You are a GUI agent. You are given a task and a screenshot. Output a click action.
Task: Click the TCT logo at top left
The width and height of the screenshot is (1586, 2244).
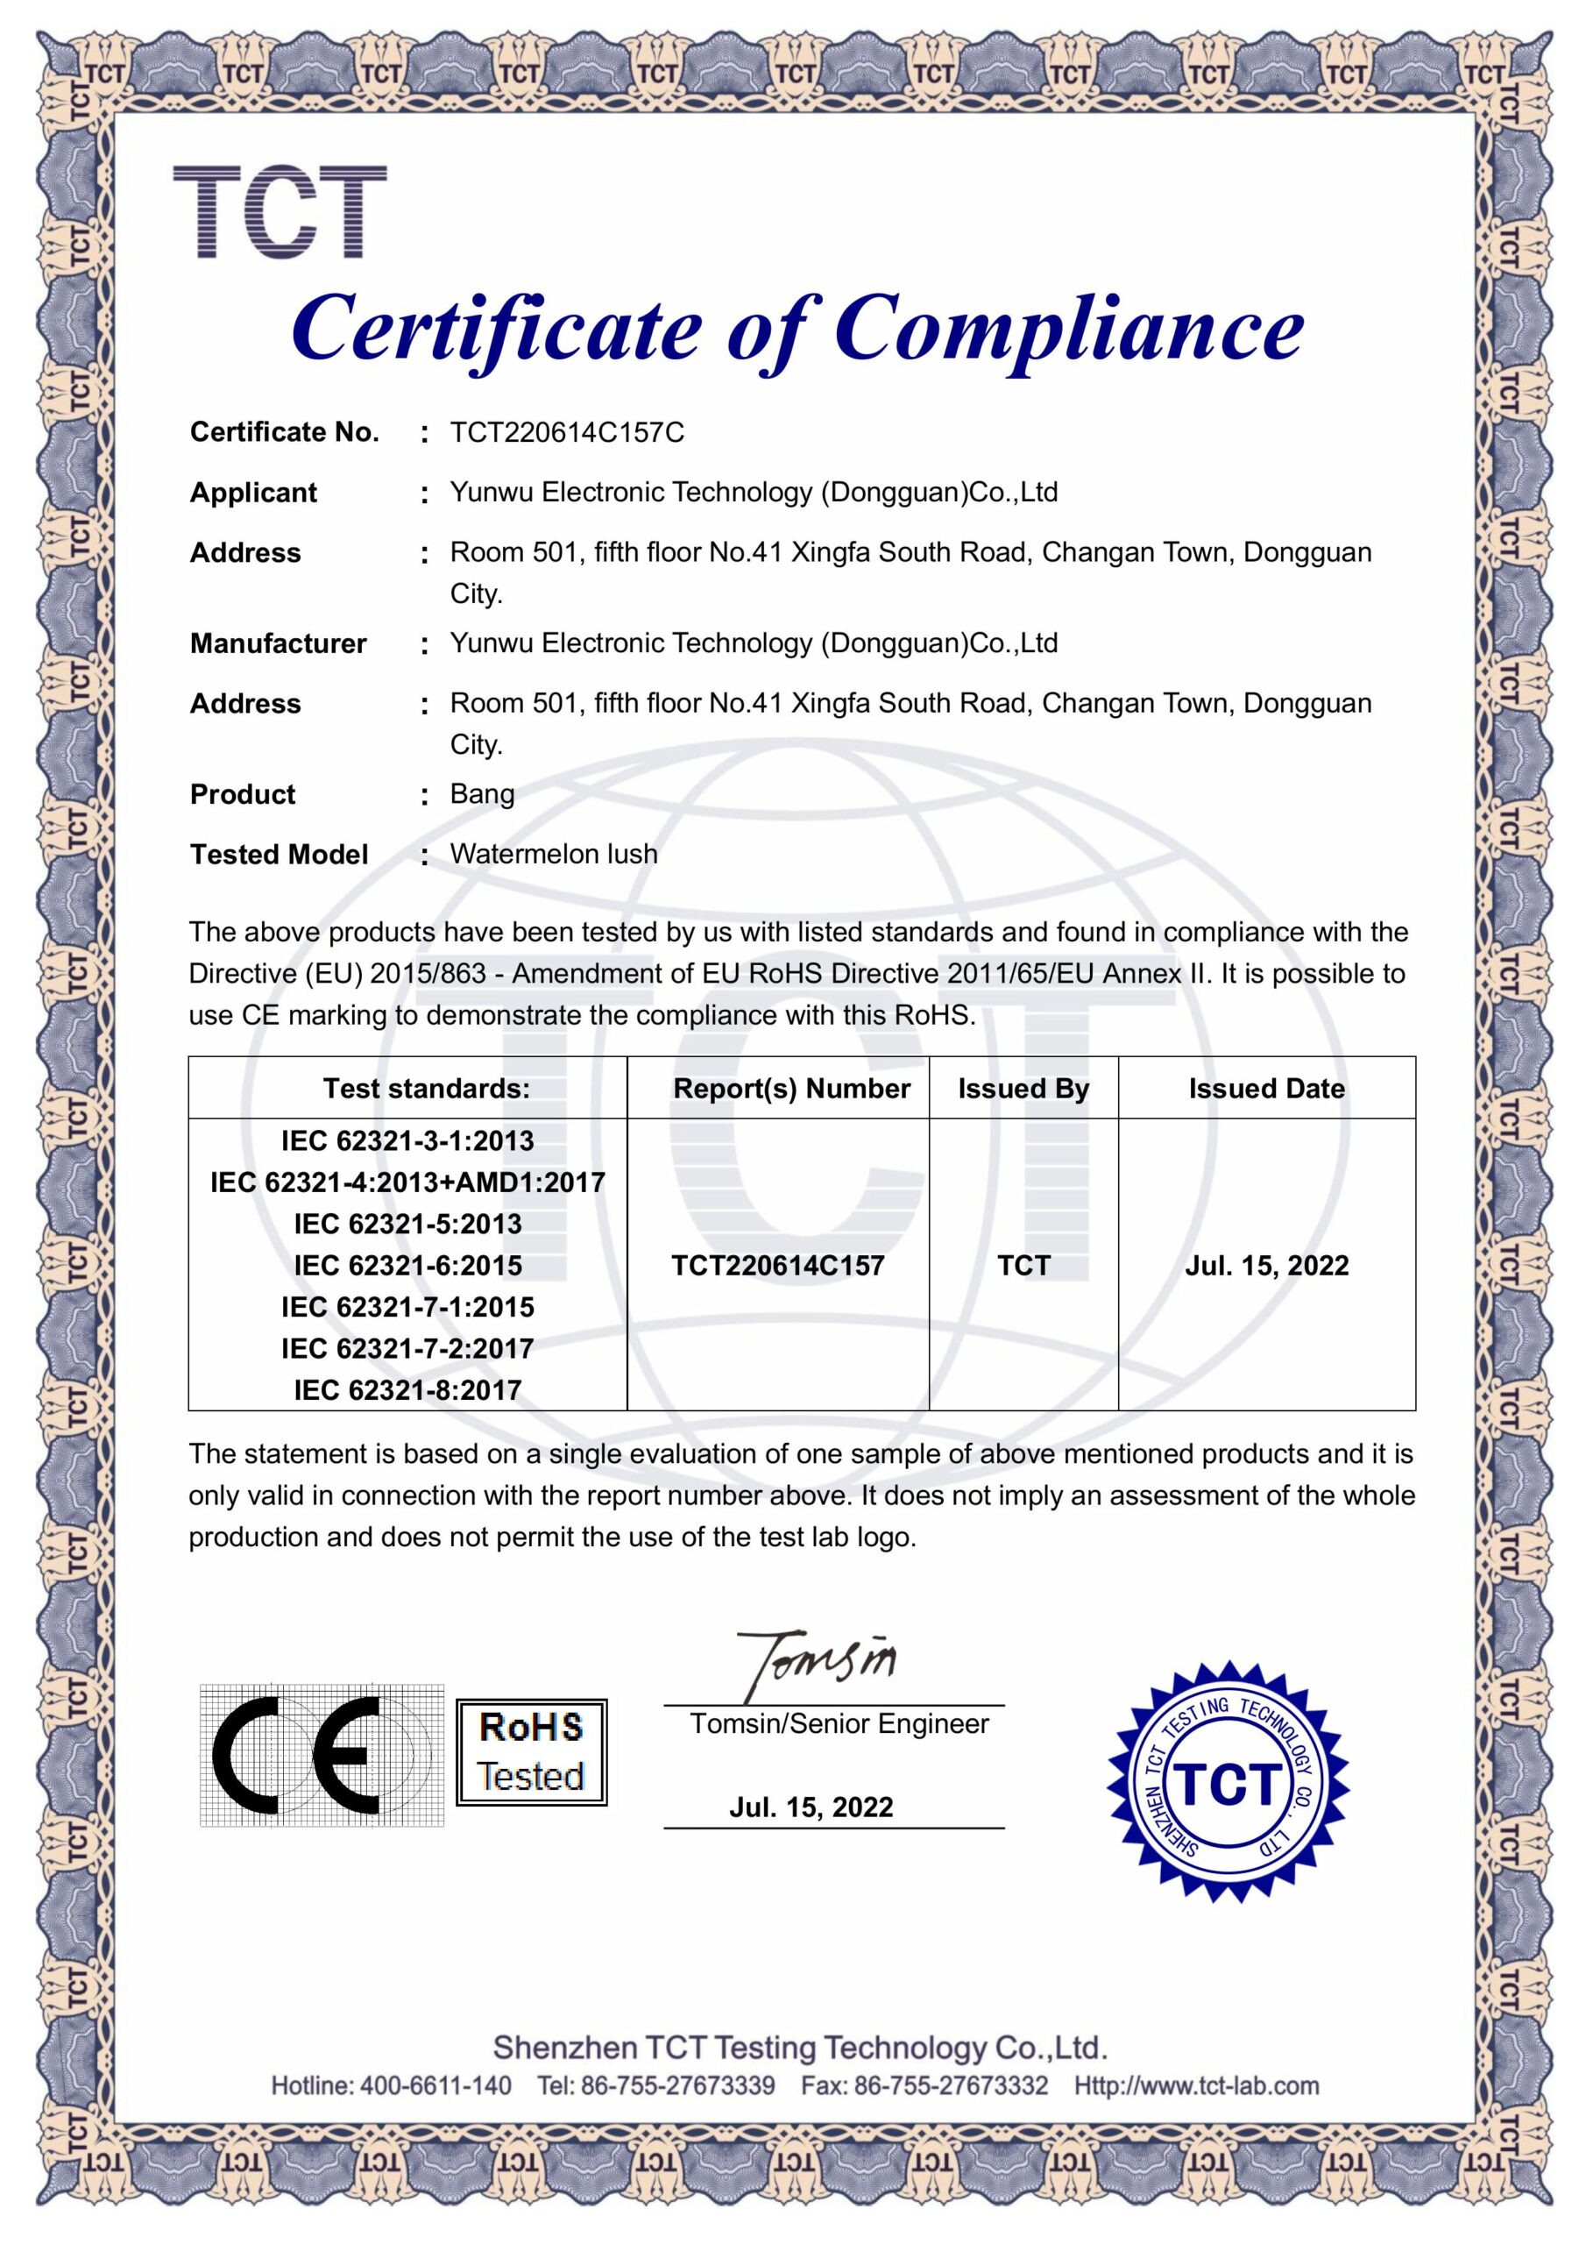[280, 212]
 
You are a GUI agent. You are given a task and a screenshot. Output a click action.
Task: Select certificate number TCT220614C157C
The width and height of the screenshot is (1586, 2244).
[567, 432]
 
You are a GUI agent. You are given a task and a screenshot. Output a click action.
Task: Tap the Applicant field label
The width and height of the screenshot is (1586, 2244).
[253, 493]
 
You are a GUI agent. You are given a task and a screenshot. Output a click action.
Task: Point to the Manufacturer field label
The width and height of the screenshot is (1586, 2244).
[279, 643]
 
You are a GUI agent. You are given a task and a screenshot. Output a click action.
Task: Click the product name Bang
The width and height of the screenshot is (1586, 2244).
[482, 793]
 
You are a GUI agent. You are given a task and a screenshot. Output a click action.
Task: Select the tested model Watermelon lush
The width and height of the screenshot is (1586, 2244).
[553, 854]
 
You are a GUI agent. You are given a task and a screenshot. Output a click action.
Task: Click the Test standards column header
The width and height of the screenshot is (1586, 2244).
[426, 1089]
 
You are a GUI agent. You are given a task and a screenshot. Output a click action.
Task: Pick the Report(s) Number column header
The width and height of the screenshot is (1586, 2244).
[791, 1089]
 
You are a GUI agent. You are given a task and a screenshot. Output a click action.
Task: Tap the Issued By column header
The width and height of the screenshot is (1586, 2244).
[1023, 1089]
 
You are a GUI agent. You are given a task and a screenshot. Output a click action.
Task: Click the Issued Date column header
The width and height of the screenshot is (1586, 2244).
[1266, 1089]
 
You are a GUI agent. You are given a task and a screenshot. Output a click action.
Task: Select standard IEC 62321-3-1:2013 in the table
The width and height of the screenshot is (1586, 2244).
[407, 1140]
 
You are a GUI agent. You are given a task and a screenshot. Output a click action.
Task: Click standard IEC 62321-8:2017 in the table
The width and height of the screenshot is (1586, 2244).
[407, 1390]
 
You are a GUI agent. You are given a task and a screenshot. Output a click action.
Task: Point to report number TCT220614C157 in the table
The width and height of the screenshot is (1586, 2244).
[778, 1266]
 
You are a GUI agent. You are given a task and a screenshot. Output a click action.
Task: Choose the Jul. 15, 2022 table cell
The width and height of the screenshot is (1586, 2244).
[1266, 1266]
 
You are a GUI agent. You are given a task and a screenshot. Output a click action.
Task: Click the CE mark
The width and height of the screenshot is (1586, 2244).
[321, 1757]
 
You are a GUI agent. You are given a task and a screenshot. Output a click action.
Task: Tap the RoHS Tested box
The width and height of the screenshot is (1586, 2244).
[532, 1752]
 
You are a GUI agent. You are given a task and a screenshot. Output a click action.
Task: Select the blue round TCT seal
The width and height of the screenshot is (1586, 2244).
[1228, 1783]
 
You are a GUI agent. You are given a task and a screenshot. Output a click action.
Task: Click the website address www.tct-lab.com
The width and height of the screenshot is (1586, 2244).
[1196, 2086]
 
